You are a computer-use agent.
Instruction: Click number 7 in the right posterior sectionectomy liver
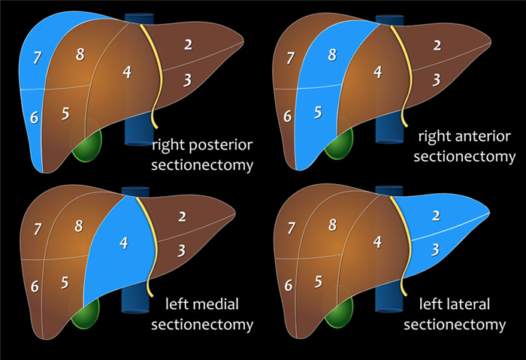pyautogui.click(x=38, y=58)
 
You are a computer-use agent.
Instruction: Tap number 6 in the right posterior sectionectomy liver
pyautogui.click(x=34, y=118)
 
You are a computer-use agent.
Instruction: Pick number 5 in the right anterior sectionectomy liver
pyautogui.click(x=318, y=113)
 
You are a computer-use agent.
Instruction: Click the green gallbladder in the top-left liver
pyautogui.click(x=88, y=147)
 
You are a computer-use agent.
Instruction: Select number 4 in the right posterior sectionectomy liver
pyautogui.click(x=127, y=72)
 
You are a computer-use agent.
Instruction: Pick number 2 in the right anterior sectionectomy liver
pyautogui.click(x=436, y=45)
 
